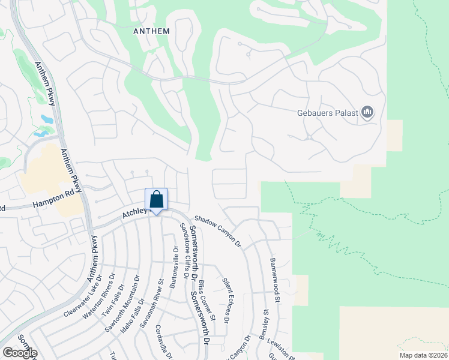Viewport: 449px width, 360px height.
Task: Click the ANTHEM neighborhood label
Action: (x=152, y=31)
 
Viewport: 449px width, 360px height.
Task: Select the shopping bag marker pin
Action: (x=156, y=200)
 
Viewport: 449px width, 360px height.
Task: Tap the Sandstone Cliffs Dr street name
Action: (x=188, y=251)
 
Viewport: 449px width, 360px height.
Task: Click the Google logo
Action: (x=19, y=352)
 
